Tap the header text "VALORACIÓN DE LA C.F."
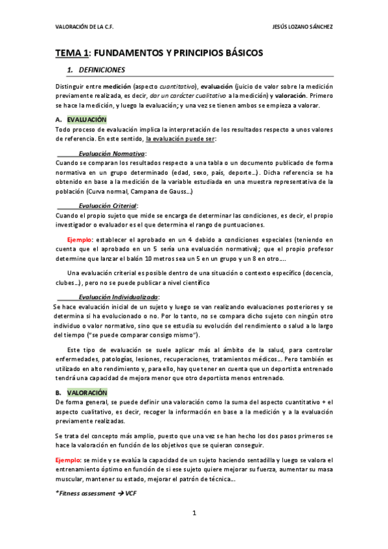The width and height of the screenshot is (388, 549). click(x=85, y=27)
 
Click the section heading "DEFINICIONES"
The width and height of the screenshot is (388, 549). click(x=102, y=69)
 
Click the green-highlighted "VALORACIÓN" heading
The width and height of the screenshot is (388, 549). click(x=87, y=392)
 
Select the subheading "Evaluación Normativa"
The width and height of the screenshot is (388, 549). click(x=112, y=154)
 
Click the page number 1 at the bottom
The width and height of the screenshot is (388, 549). click(x=194, y=513)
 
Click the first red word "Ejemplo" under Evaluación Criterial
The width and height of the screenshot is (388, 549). click(x=80, y=239)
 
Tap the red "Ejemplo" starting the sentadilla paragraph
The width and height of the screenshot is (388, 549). click(x=68, y=459)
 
